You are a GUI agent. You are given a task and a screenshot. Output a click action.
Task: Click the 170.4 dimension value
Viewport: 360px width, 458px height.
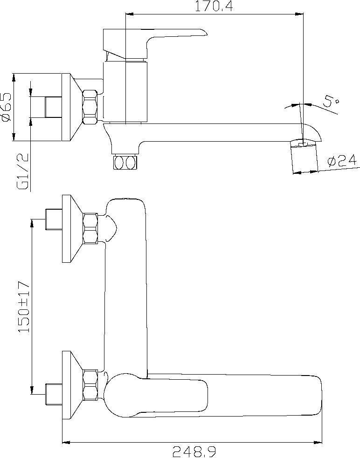(214, 6)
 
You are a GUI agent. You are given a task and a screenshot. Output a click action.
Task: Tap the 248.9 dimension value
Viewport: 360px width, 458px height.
(194, 452)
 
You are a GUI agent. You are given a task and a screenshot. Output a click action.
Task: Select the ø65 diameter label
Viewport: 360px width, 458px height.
(6, 107)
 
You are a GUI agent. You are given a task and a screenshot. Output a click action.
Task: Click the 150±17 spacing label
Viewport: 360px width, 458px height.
(24, 307)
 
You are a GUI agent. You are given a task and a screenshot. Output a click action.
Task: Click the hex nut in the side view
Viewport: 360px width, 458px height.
(90, 107)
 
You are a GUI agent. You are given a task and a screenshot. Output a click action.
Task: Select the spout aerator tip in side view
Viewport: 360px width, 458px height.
(304, 157)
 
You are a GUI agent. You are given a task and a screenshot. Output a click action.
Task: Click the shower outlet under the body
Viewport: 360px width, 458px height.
(125, 162)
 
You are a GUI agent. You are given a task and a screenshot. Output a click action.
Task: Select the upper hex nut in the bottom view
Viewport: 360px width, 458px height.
(90, 229)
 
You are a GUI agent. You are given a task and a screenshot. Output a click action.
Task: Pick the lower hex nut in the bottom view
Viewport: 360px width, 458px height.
(90, 385)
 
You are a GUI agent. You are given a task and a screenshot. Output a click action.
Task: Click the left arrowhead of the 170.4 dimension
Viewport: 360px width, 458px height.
(129, 14)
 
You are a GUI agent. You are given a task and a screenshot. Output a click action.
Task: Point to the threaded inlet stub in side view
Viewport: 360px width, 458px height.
(53, 107)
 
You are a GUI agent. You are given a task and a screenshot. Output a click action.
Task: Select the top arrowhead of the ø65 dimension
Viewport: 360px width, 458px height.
(14, 77)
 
